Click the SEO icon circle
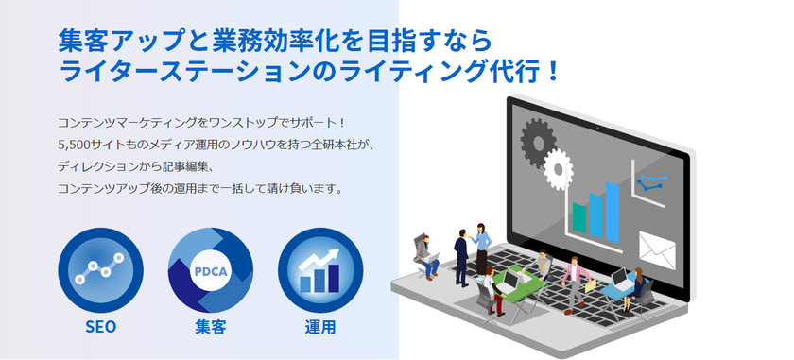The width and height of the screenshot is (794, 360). coord(100,270)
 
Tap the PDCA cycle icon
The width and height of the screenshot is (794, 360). coord(210,270)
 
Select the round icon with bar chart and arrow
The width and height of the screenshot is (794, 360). coord(319,270)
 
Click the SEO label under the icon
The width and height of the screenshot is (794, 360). coord(100,328)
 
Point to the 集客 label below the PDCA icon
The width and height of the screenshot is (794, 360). coord(210,328)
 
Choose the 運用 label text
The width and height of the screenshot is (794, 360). coord(319,328)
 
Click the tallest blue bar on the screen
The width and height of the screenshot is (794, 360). coord(613,204)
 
